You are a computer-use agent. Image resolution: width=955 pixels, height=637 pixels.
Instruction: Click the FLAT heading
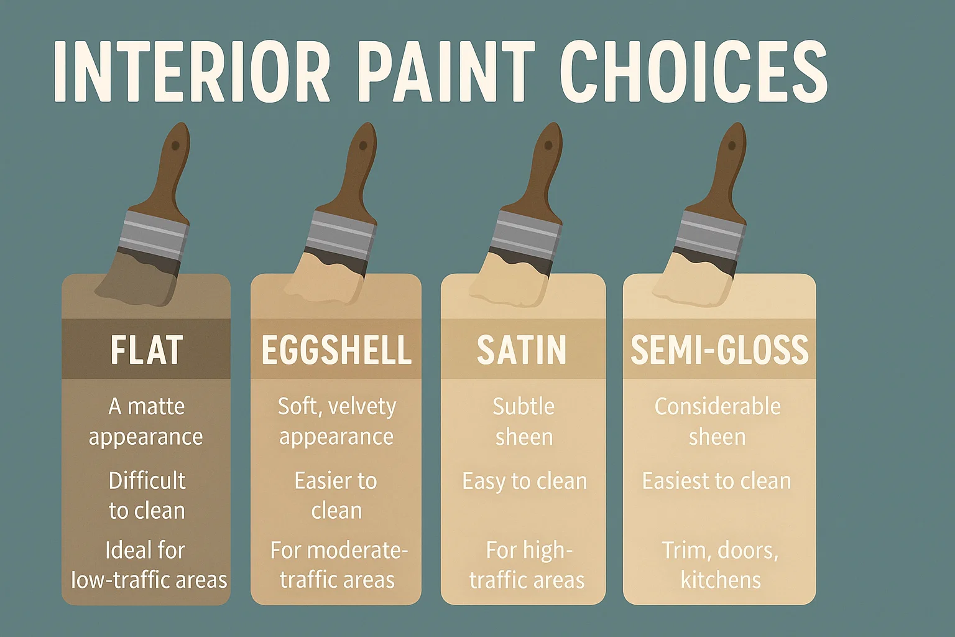click(x=146, y=350)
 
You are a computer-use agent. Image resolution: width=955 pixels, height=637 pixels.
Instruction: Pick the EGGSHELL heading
click(x=336, y=350)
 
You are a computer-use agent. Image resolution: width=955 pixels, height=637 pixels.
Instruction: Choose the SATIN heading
click(x=522, y=350)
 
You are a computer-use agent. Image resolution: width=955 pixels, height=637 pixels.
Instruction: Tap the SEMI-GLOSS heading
click(x=719, y=350)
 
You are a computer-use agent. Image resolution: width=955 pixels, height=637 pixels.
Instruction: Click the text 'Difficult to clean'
click(x=147, y=495)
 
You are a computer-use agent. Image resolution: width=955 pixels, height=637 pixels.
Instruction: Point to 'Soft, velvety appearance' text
click(x=336, y=421)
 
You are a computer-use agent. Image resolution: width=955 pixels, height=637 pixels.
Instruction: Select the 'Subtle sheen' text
click(x=524, y=421)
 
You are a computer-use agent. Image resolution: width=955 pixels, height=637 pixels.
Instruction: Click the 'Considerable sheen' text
click(x=717, y=421)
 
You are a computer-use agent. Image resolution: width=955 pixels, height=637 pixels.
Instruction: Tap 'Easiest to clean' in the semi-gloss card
click(x=716, y=481)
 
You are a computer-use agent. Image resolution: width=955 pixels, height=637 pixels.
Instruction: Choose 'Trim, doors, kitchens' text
click(x=720, y=565)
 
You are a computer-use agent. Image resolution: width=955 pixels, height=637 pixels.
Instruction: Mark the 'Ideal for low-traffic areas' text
click(x=148, y=565)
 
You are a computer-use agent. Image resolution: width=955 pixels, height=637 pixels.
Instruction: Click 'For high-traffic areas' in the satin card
click(x=527, y=565)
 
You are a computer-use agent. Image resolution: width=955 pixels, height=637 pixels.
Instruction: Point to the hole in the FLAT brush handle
click(x=175, y=146)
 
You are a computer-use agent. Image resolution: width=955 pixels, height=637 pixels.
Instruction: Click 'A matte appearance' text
click(x=146, y=421)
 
